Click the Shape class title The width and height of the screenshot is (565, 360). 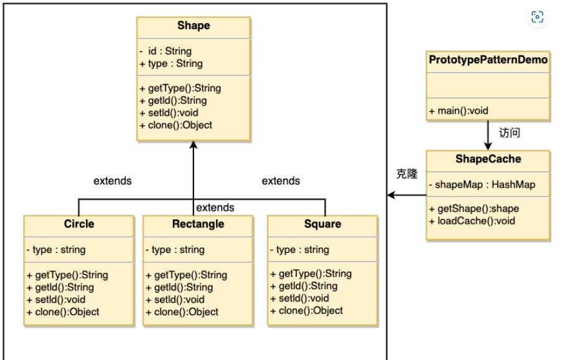[194, 25]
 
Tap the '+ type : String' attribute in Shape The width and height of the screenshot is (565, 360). [171, 63]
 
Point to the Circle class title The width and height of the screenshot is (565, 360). [79, 224]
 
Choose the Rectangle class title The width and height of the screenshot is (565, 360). [198, 224]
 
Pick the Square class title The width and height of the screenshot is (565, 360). [322, 224]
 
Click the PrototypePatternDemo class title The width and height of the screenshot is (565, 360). [488, 60]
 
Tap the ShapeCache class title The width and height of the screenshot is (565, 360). [488, 159]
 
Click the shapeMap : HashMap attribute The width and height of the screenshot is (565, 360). [482, 185]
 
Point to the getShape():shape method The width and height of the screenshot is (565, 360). [474, 209]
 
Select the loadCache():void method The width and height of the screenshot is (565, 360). [472, 221]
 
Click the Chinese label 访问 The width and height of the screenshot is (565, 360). [510, 133]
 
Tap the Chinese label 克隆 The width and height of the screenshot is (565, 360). [407, 174]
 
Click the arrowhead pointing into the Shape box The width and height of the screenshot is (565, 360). [194, 144]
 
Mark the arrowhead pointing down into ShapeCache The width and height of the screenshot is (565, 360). [488, 146]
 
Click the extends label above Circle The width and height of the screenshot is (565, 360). [113, 181]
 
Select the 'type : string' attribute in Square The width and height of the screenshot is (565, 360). [299, 250]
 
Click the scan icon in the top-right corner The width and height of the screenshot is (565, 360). [537, 17]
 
